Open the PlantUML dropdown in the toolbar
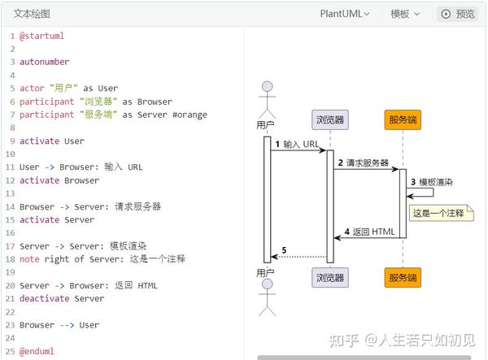tap(344, 14)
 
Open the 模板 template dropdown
tap(405, 14)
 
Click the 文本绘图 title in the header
tap(32, 14)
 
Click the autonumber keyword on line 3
tap(45, 62)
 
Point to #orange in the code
tap(190, 115)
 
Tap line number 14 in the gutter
tap(11, 206)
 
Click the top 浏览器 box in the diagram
tap(330, 119)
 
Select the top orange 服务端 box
tap(403, 119)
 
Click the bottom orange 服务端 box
tap(403, 278)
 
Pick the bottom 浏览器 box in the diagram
tap(330, 278)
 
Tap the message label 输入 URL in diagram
tap(301, 144)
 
